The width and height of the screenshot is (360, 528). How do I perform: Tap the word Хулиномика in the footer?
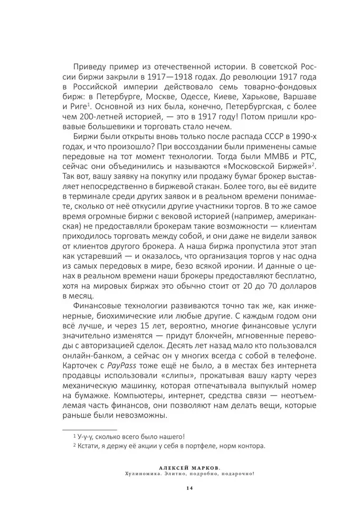click(x=141, y=474)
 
